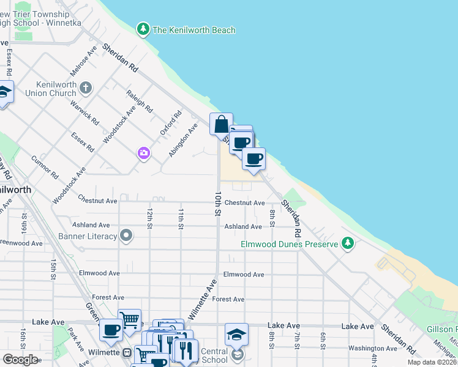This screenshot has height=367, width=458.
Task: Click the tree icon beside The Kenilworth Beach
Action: pyautogui.click(x=143, y=29)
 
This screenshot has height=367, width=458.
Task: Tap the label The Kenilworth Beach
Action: pyautogui.click(x=193, y=30)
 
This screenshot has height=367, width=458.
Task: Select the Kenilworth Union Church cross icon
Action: pyautogui.click(x=86, y=87)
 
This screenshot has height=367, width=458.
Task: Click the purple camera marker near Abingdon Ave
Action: pyautogui.click(x=144, y=153)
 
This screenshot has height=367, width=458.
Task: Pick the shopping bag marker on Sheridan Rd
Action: pyautogui.click(x=221, y=124)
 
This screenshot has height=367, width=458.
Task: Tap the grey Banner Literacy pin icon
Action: pyautogui.click(x=127, y=236)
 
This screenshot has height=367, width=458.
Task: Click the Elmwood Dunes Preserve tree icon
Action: pyautogui.click(x=348, y=244)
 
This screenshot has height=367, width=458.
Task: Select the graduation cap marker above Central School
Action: pyautogui.click(x=236, y=335)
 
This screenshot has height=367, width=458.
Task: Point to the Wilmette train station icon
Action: pyautogui.click(x=127, y=353)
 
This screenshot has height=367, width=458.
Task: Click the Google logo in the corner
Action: pyautogui.click(x=20, y=360)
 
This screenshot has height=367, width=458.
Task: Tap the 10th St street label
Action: pyautogui.click(x=217, y=203)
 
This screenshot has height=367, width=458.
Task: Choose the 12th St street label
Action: pyautogui.click(x=149, y=218)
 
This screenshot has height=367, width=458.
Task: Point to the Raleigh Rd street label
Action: pyautogui.click(x=139, y=101)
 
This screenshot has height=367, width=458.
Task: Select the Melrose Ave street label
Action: pyautogui.click(x=83, y=62)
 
